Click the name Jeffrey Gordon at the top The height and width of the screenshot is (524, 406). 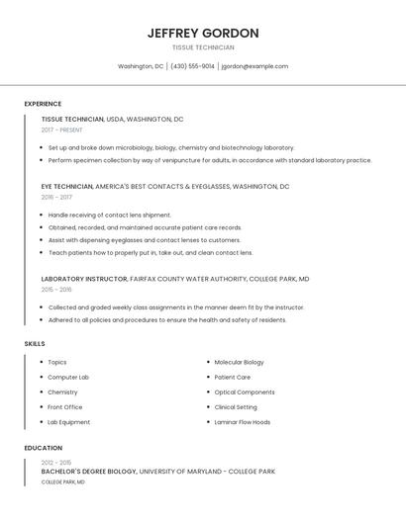click(203, 33)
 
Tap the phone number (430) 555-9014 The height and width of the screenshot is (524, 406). click(192, 66)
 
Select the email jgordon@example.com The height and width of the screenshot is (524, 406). click(254, 66)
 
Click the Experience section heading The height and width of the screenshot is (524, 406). click(43, 104)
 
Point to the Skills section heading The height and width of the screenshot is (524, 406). click(35, 343)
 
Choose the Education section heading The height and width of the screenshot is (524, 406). click(43, 448)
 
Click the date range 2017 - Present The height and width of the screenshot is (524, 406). click(62, 130)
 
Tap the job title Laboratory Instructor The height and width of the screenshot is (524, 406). click(84, 279)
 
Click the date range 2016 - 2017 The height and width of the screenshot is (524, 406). click(56, 197)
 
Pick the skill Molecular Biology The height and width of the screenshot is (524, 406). click(239, 363)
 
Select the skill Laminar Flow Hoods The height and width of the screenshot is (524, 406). click(243, 422)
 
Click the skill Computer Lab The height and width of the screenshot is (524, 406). click(68, 378)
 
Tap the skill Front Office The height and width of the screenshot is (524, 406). click(65, 407)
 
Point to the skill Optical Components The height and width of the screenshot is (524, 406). click(245, 393)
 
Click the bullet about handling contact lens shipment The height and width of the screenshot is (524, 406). click(110, 215)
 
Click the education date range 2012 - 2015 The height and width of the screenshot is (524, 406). click(56, 463)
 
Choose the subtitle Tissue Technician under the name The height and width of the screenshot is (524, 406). click(203, 47)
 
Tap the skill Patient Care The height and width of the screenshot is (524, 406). click(233, 378)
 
